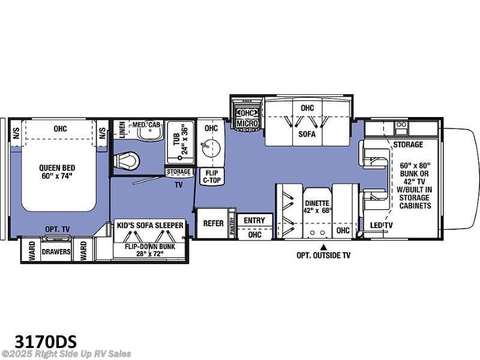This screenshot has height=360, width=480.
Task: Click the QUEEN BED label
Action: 57,168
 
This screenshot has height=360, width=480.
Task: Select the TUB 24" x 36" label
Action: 180,139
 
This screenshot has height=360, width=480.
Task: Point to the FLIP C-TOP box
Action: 212,176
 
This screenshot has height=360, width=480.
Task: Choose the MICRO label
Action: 247,124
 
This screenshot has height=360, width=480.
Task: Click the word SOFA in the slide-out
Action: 307,134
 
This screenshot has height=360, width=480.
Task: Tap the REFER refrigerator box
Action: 214,223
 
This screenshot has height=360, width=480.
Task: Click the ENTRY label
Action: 254,220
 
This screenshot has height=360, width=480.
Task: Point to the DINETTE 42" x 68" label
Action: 317,206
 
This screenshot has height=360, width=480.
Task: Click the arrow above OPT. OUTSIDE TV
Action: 323,247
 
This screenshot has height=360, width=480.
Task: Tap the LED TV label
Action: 381,226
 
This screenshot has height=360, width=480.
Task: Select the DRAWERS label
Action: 56,251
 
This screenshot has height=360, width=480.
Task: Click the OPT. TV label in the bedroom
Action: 57,229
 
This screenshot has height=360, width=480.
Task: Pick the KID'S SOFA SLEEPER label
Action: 150,226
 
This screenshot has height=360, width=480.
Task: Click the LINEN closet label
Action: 122,130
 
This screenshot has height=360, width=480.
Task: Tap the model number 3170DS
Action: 46,341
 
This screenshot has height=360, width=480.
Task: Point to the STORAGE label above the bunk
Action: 408,145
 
